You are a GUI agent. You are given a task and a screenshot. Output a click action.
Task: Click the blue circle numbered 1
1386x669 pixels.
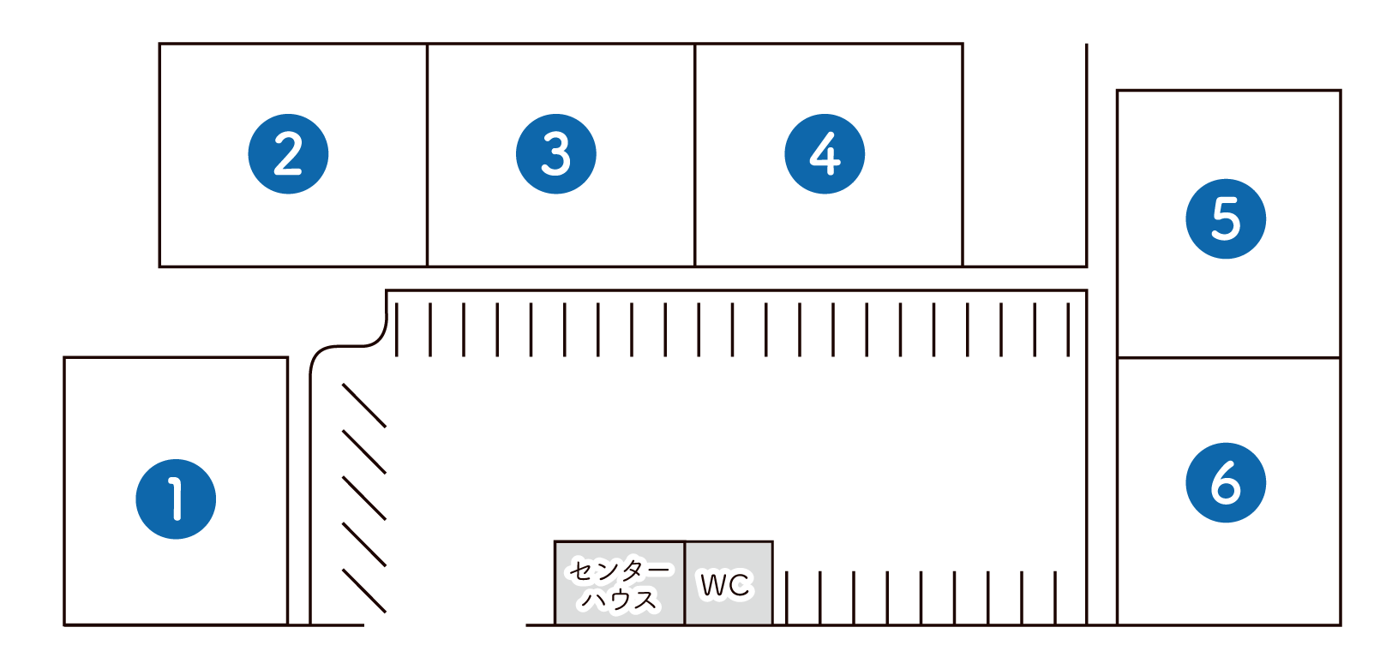(x=176, y=499)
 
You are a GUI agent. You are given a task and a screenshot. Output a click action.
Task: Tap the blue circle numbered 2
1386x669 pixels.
(x=288, y=154)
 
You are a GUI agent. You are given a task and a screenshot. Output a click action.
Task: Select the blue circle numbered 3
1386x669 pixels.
(x=556, y=154)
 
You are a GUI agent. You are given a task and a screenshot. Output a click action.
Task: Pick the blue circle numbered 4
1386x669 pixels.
(x=825, y=154)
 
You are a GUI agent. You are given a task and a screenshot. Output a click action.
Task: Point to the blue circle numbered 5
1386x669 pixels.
(x=1226, y=219)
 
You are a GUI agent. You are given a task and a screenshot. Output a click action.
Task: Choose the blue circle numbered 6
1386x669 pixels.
(x=1226, y=483)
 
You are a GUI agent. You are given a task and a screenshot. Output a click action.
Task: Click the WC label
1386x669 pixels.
(x=724, y=584)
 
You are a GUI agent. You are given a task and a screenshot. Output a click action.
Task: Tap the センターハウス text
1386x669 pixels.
(x=620, y=585)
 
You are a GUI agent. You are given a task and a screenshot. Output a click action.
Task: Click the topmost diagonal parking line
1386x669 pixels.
(x=364, y=406)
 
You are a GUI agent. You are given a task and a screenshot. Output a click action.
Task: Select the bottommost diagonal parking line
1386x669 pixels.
(x=364, y=591)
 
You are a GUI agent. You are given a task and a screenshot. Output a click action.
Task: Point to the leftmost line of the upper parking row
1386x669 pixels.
(x=397, y=330)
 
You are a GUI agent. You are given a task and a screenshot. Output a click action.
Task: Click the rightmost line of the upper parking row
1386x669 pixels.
(x=1068, y=330)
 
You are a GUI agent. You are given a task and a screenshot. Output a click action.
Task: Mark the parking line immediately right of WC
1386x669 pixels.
(x=787, y=598)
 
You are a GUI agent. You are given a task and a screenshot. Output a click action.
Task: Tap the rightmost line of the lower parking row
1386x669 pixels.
(x=1055, y=598)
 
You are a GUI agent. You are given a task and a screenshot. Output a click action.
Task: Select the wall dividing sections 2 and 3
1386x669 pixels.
(x=427, y=155)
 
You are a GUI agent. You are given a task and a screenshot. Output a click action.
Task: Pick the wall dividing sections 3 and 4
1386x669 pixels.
(x=695, y=155)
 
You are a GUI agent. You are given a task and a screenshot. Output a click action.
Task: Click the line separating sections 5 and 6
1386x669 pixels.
(x=1229, y=357)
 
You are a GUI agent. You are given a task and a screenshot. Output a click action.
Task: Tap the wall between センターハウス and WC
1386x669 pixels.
(x=684, y=583)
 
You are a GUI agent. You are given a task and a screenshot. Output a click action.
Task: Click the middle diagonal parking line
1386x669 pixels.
(x=364, y=499)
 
